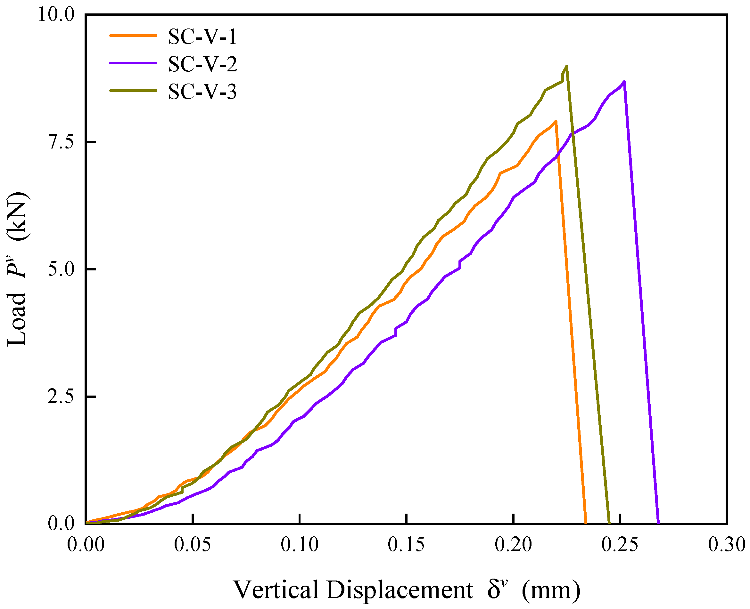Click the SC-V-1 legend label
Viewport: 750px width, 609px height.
[202, 36]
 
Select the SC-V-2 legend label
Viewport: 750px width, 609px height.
[202, 64]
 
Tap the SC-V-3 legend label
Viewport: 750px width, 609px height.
[202, 92]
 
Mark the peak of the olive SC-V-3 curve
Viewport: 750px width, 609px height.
[566, 66]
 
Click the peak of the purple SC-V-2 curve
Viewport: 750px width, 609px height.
[624, 82]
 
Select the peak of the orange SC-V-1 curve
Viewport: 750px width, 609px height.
[556, 121]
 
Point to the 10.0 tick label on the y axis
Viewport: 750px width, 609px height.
[56, 15]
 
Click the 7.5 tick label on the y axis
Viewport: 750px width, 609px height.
[61, 142]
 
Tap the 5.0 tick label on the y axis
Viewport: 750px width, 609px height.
[61, 269]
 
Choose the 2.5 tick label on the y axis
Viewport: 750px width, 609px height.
[61, 397]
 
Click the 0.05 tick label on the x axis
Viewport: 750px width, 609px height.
[193, 545]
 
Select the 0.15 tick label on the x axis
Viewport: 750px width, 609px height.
[406, 545]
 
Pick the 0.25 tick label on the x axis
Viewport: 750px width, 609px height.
[620, 545]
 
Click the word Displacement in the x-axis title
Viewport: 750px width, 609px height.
[400, 590]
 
